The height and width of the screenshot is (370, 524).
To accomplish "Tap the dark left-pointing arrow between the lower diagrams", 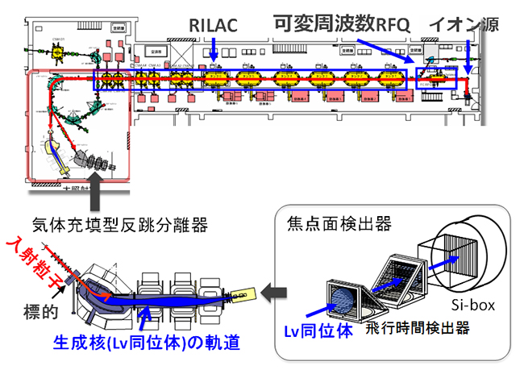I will [275, 287].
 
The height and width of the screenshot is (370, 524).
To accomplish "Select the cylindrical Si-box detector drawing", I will [472, 259].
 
